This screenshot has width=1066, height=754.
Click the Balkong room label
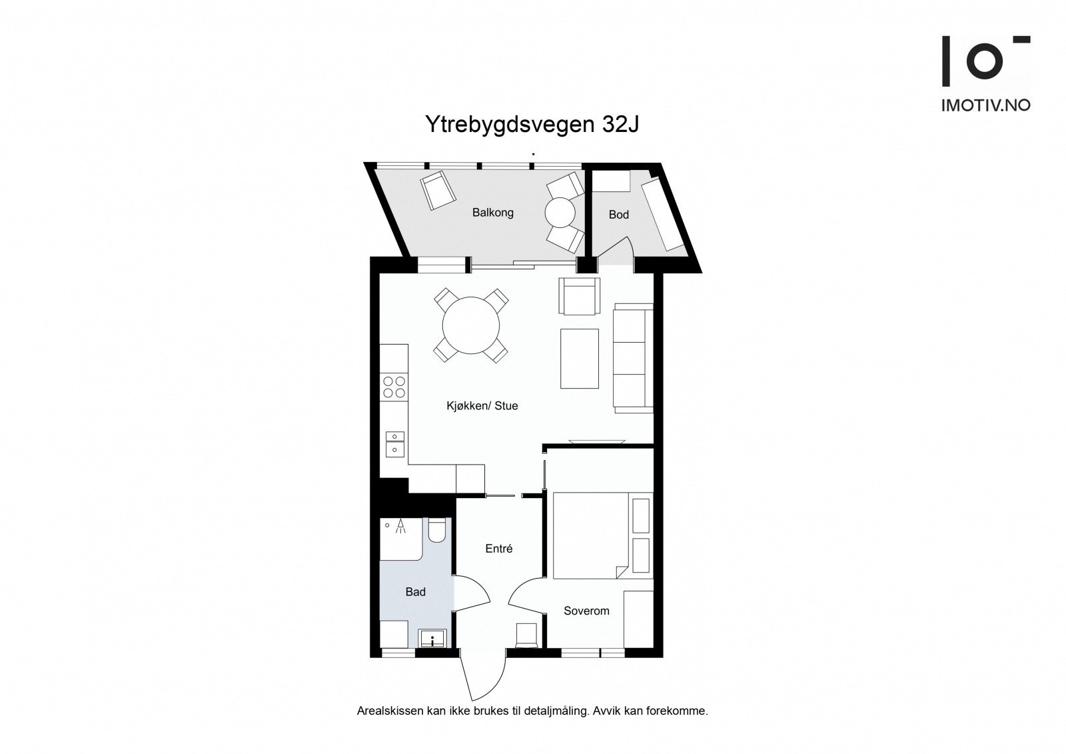pos(492,213)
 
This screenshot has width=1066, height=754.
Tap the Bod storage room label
pos(618,215)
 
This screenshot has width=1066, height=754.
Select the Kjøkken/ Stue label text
pos(482,405)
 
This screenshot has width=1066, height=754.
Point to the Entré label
pos(498,549)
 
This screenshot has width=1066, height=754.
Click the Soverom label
pos(586,611)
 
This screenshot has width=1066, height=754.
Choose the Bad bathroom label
pos(415,592)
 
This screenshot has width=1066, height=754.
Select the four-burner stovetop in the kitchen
pos(393,387)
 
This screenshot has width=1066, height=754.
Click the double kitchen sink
pos(395,443)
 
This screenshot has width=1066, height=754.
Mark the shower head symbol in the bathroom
pos(400,527)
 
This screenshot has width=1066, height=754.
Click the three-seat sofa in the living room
pos(632,357)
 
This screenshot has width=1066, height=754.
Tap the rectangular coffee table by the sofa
pos(580,358)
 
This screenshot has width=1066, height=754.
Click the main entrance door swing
pos(481,680)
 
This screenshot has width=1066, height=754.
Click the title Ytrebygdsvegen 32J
pos(532,125)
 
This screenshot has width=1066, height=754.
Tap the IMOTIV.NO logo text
pos(985,105)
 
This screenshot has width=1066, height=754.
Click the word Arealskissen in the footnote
pos(390,711)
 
